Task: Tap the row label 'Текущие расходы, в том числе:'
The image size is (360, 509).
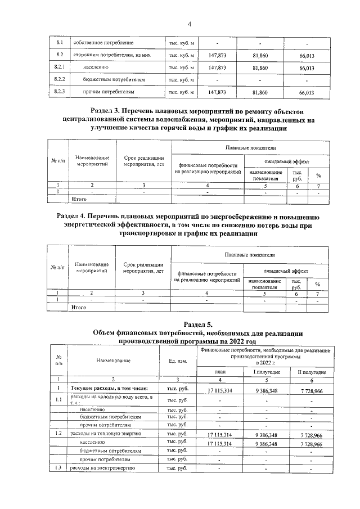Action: tap(109, 389)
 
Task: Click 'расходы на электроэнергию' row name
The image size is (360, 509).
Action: tap(102, 469)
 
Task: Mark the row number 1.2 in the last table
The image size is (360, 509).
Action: tap(58, 435)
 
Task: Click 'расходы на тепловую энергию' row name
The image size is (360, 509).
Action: tap(104, 435)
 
